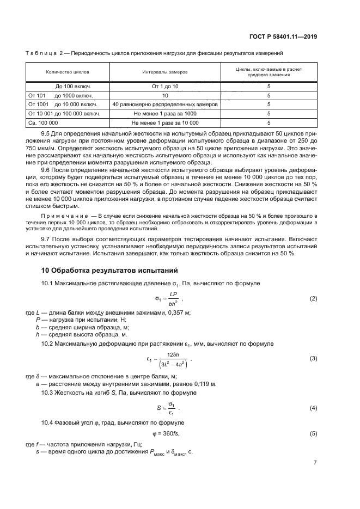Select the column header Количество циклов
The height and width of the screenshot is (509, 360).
pyautogui.click(x=68, y=72)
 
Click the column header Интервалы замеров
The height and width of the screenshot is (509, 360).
pyautogui.click(x=164, y=72)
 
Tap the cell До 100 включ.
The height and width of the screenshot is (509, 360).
pyautogui.click(x=74, y=86)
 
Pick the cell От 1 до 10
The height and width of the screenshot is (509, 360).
pyautogui.click(x=165, y=86)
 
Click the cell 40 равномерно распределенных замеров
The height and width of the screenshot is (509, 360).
pyautogui.click(x=165, y=104)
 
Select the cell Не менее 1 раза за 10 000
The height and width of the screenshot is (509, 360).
pyautogui.click(x=165, y=122)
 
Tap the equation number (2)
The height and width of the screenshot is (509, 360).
pyautogui.click(x=313, y=299)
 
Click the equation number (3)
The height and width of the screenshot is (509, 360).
pyautogui.click(x=313, y=358)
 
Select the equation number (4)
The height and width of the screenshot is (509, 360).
pyautogui.click(x=313, y=408)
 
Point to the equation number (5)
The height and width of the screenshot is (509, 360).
pyautogui.click(x=313, y=433)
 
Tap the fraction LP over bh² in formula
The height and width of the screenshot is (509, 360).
pyautogui.click(x=173, y=299)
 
